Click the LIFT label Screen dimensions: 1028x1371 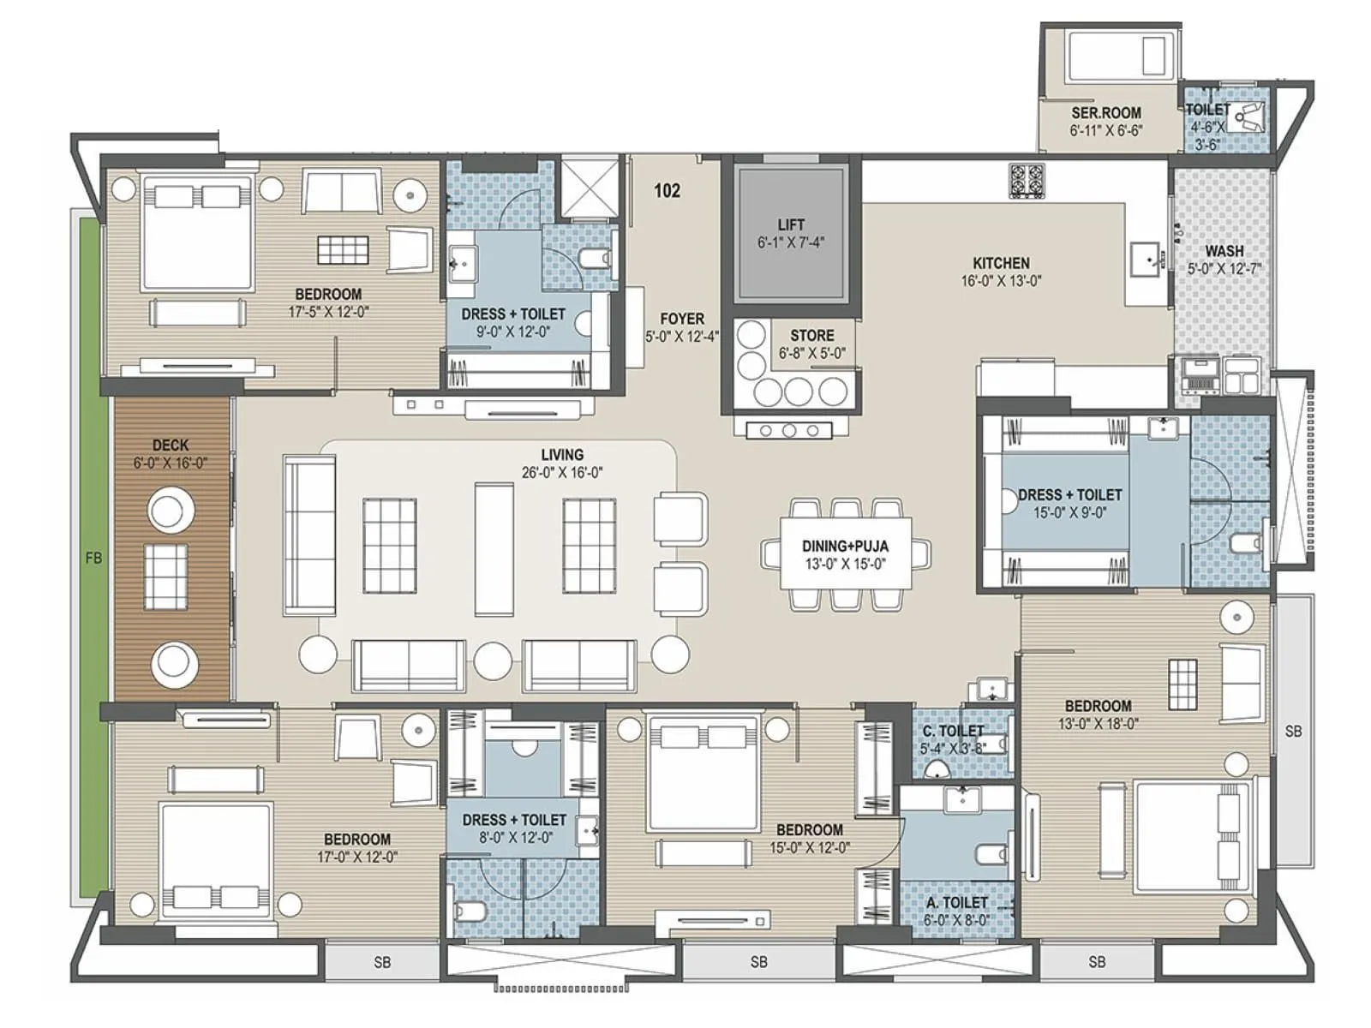[790, 225]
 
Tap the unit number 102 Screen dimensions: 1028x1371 [667, 190]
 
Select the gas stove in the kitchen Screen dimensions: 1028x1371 [1027, 181]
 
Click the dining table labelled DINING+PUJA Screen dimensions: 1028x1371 [845, 553]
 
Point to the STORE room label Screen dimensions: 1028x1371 [811, 336]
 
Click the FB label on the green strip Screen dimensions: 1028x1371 [93, 558]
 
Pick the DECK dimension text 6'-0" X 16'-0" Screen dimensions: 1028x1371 [171, 463]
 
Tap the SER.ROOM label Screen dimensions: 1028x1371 [1105, 113]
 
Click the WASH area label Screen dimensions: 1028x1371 [1224, 251]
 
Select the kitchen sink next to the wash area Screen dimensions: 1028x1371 [1146, 256]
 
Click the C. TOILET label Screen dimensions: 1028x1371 [953, 731]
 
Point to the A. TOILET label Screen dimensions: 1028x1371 [956, 902]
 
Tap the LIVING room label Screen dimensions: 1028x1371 [562, 455]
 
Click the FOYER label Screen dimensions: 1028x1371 [682, 319]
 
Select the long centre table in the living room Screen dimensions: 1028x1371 [494, 549]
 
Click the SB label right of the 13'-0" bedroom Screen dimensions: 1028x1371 [1293, 731]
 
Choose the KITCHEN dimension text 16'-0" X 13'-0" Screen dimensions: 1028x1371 [1001, 281]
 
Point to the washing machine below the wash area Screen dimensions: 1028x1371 [1200, 374]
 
